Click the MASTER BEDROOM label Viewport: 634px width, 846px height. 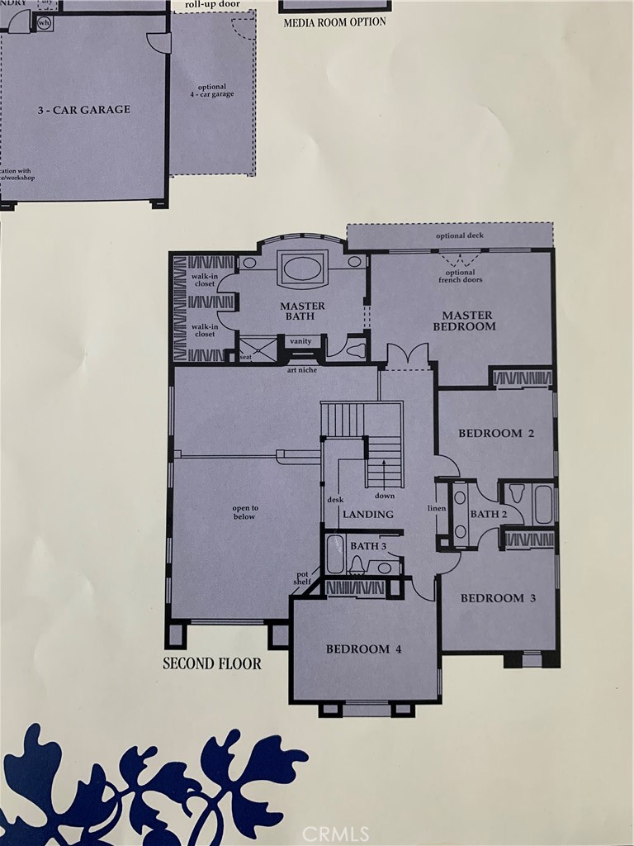pos(467,321)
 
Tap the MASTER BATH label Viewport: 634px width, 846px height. pos(302,311)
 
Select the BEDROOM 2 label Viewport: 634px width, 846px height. pos(490,433)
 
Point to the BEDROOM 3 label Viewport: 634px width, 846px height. pos(492,598)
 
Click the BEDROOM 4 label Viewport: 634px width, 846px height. pos(363,649)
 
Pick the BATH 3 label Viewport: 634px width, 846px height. pos(368,546)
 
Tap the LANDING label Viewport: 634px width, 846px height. pos(368,515)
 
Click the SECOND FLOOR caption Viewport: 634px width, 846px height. pos(212,663)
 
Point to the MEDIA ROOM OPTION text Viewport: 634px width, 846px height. pos(334,22)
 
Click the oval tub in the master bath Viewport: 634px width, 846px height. pos(302,269)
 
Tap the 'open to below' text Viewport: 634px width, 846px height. pos(244,512)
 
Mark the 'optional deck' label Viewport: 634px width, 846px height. pos(460,236)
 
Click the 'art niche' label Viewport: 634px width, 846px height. pos(303,369)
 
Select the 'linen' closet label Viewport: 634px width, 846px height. pos(437,508)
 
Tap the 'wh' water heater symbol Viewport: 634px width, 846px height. pos(44,23)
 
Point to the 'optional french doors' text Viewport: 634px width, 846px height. pos(461,276)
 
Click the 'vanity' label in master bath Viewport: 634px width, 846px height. pos(300,341)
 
